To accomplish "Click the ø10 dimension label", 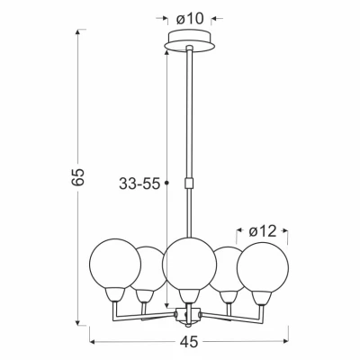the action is point(190,19).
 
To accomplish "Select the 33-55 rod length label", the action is point(139,184).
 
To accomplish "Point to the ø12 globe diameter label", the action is point(263,231).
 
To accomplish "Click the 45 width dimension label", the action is point(190,342).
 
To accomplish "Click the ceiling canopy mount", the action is point(190,41).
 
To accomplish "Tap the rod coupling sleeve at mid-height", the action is point(189,183).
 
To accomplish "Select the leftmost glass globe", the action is point(115,264).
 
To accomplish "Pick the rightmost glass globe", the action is point(263,267).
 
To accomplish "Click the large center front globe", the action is point(190,264).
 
